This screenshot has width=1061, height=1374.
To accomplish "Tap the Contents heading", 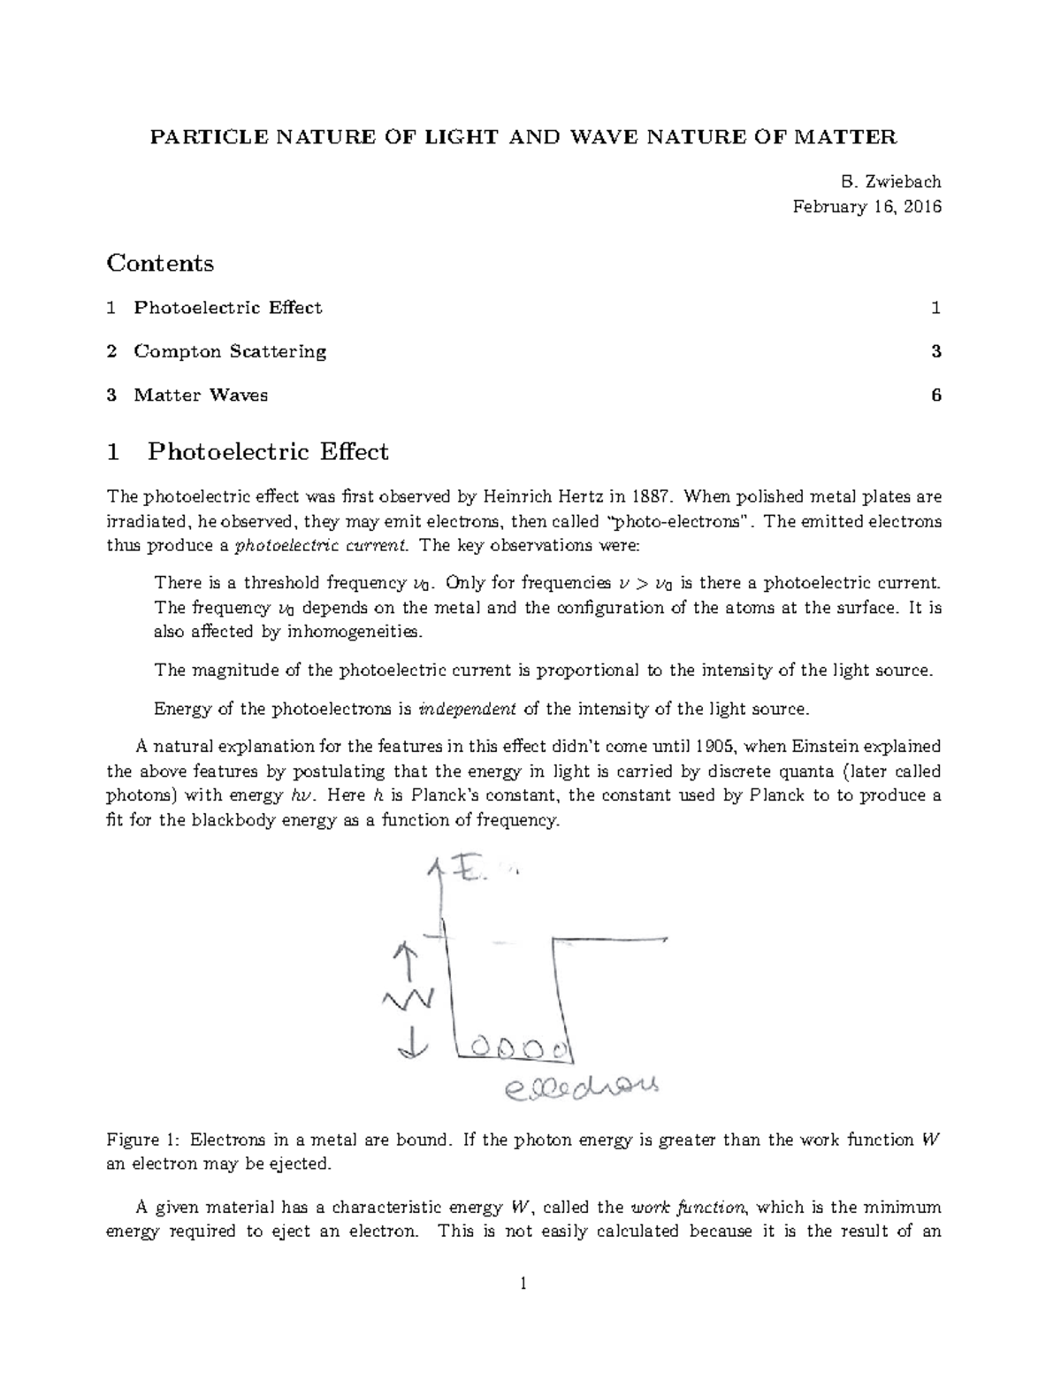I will (x=159, y=264).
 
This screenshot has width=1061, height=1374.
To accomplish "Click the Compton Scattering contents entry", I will (x=230, y=351).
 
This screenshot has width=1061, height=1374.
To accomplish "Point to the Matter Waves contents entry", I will (x=201, y=395).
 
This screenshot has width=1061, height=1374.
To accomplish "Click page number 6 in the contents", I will (x=935, y=395).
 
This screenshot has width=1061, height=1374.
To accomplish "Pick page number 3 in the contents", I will (x=935, y=351).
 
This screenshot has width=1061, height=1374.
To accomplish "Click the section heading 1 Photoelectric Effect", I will (x=247, y=452).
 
